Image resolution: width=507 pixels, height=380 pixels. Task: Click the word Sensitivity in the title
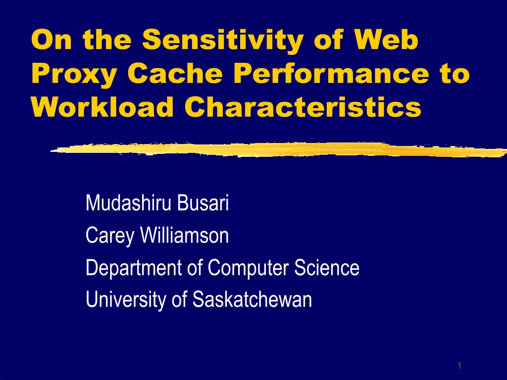pyautogui.click(x=223, y=40)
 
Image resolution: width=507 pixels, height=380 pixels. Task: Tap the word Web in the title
pyautogui.click(x=386, y=39)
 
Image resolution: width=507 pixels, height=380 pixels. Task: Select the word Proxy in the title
pyautogui.click(x=74, y=74)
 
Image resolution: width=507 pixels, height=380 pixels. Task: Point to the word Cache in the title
pyautogui.click(x=175, y=73)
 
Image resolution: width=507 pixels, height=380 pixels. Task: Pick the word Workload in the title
pyautogui.click(x=102, y=107)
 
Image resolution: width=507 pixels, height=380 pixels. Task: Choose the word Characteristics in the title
pyautogui.click(x=303, y=107)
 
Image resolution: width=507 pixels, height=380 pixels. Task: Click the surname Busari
pyautogui.click(x=203, y=203)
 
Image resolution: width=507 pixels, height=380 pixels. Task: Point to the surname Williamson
pyautogui.click(x=184, y=235)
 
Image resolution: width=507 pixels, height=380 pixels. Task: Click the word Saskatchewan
pyautogui.click(x=252, y=299)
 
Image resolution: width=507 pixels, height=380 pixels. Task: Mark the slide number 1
pyautogui.click(x=459, y=366)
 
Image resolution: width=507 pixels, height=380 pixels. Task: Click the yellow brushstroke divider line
pyautogui.click(x=279, y=149)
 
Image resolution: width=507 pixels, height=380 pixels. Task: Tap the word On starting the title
pyautogui.click(x=51, y=40)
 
